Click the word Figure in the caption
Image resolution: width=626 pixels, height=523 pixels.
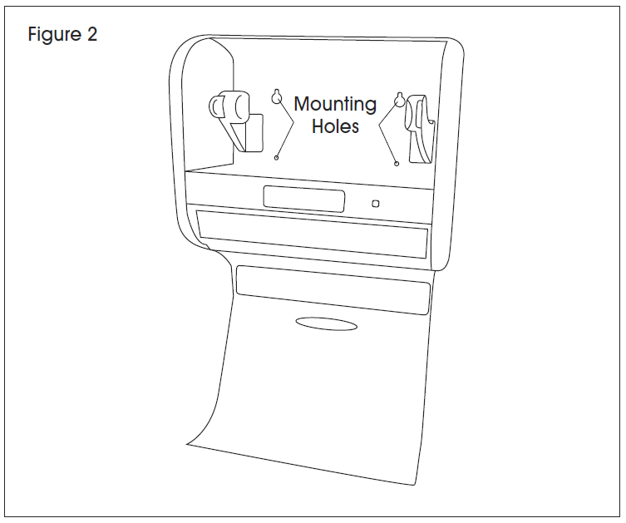click(54, 34)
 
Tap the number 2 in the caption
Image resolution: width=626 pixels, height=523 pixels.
click(91, 33)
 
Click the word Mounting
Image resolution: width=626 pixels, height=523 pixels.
click(335, 106)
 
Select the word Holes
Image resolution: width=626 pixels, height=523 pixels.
click(335, 126)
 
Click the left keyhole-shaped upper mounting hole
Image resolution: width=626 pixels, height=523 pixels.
click(277, 96)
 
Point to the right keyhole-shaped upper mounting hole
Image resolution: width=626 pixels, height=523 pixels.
click(399, 100)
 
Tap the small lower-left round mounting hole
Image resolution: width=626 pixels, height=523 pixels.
click(276, 158)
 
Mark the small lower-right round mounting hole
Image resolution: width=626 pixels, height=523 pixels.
click(397, 163)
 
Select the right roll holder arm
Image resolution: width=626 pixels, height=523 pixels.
click(419, 129)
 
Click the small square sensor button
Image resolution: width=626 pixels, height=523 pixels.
click(375, 204)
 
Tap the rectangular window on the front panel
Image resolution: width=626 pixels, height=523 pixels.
click(303, 199)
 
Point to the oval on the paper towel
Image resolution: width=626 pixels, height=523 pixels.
click(326, 323)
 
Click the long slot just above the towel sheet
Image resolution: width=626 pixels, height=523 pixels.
click(333, 290)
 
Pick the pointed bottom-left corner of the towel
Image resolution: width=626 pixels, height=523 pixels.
click(187, 443)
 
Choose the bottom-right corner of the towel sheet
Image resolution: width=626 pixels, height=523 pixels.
click(414, 485)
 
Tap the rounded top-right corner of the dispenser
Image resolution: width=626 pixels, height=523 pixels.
click(458, 45)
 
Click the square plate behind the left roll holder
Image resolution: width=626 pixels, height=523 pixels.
click(254, 132)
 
